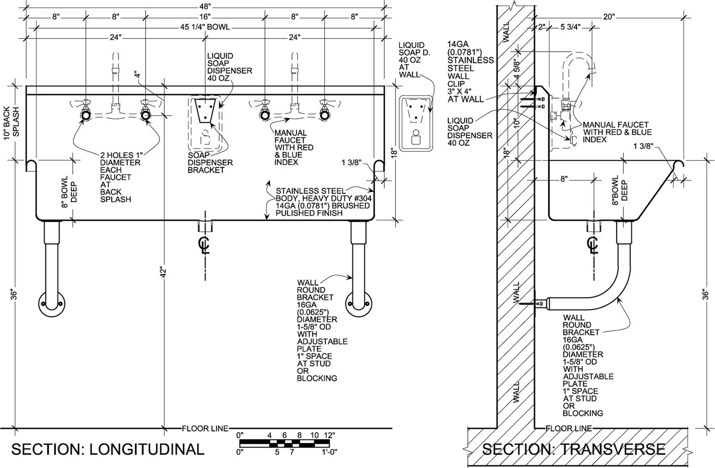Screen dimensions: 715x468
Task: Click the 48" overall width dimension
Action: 205,6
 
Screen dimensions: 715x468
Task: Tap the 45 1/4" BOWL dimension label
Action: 205,27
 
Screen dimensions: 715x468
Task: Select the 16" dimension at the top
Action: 205,17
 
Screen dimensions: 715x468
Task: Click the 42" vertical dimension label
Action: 163,272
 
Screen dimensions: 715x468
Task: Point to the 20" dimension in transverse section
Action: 609,17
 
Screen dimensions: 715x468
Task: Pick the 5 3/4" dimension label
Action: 570,27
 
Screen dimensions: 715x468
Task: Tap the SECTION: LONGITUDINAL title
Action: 108,450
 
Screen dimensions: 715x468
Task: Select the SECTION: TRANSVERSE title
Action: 574,450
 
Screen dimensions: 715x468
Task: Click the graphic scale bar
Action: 284,443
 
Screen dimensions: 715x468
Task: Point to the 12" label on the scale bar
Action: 329,435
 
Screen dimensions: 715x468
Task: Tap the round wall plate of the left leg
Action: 52,305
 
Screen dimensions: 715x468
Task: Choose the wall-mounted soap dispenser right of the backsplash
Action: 416,123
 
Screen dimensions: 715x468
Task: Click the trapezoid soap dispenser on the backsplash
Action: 205,110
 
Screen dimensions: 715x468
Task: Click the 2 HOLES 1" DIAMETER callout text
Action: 121,177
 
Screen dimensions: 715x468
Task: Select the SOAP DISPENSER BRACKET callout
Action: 210,163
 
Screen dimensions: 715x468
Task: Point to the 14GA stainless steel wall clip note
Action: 470,72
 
